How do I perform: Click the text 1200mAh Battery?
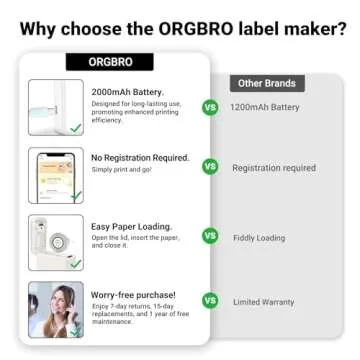pos(265,107)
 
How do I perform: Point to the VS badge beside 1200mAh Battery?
pos(210,107)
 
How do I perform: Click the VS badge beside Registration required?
pos(210,167)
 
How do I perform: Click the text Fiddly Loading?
pos(258,236)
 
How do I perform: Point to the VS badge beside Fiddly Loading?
pos(210,236)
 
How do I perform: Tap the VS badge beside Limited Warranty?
pos(210,300)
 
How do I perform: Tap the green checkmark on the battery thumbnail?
pos(75,128)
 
